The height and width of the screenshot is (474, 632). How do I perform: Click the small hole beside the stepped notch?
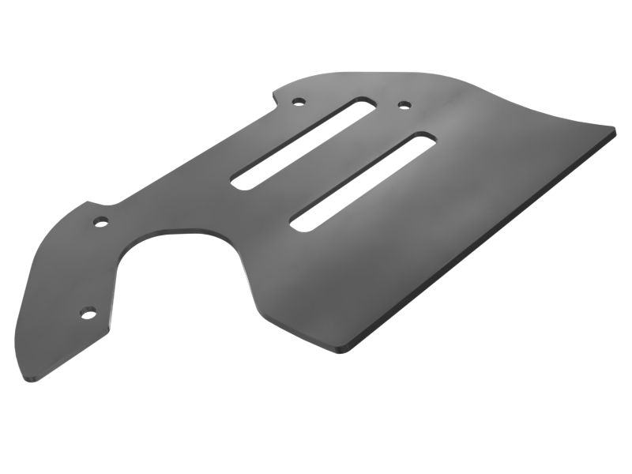[298, 102]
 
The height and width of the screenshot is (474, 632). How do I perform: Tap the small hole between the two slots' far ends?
[404, 104]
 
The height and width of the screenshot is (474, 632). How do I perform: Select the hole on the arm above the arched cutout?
[101, 222]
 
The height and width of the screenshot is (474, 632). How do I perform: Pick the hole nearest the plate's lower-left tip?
[88, 314]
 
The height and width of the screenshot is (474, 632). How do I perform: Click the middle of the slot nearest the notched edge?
[303, 142]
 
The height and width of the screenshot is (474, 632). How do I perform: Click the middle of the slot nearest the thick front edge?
[363, 182]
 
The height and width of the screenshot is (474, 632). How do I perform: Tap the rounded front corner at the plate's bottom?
[343, 348]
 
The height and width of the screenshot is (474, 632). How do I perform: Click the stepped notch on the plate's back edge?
[276, 99]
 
